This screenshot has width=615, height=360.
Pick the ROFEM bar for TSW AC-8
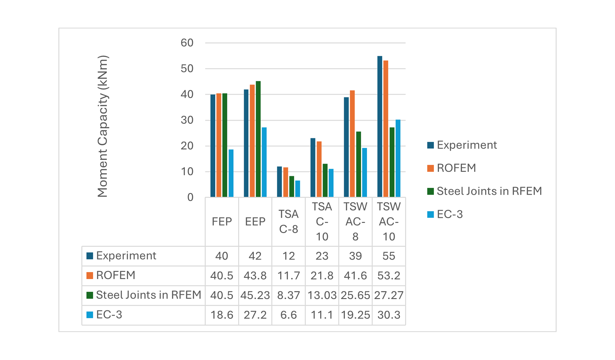click(x=352, y=144)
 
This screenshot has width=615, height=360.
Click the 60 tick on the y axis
click(x=187, y=43)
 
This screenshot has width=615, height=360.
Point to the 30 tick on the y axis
click(x=187, y=120)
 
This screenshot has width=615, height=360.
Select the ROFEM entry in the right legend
click(x=456, y=168)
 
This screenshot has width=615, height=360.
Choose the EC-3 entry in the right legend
click(x=449, y=214)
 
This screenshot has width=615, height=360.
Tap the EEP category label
click(x=255, y=222)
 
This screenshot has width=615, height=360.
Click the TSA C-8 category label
click(x=288, y=222)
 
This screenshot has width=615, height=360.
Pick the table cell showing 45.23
click(x=255, y=295)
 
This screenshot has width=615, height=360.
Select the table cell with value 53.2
click(x=389, y=276)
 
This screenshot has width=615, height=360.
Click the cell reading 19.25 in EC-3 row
click(x=355, y=315)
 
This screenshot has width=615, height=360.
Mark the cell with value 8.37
click(x=288, y=295)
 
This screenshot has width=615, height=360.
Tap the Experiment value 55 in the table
click(x=389, y=256)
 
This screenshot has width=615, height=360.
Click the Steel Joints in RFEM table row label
click(x=148, y=295)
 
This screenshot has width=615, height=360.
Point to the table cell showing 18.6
click(x=222, y=315)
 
